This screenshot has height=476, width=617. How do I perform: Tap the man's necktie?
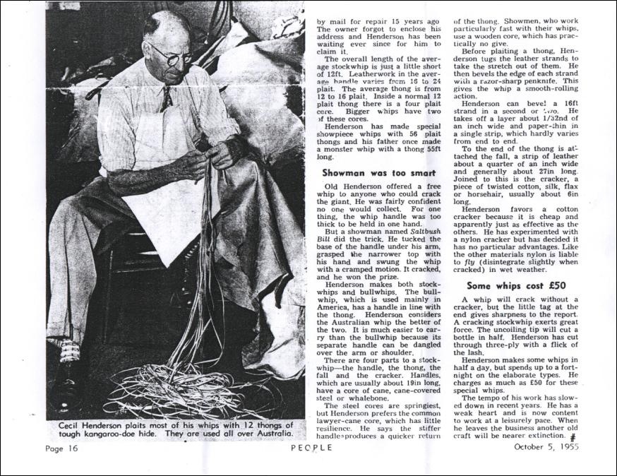164,99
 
